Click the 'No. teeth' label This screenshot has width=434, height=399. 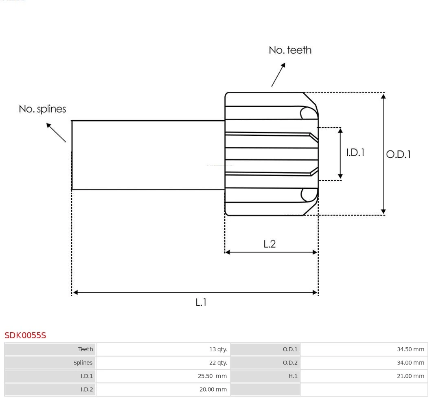290,50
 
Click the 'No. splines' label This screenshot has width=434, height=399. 42,109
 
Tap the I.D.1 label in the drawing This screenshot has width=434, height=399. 355,152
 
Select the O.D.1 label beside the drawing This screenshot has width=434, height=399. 398,154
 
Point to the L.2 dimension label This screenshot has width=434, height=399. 270,244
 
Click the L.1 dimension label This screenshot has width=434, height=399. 201,302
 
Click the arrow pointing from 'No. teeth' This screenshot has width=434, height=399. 278,75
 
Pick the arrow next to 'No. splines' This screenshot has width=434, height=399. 56,132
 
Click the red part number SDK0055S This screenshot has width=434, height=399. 25,335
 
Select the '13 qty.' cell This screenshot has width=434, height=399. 218,349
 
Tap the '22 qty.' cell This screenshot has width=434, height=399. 218,363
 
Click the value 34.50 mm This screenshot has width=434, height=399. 410,349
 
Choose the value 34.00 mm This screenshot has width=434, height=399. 410,363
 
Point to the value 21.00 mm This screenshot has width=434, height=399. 410,376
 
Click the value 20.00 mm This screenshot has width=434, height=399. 213,390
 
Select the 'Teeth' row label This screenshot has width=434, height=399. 85,349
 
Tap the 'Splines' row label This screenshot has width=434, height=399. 83,363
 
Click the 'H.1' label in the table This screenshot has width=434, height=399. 293,376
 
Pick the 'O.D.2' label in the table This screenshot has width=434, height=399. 290,363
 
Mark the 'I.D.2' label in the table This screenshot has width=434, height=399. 87,390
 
